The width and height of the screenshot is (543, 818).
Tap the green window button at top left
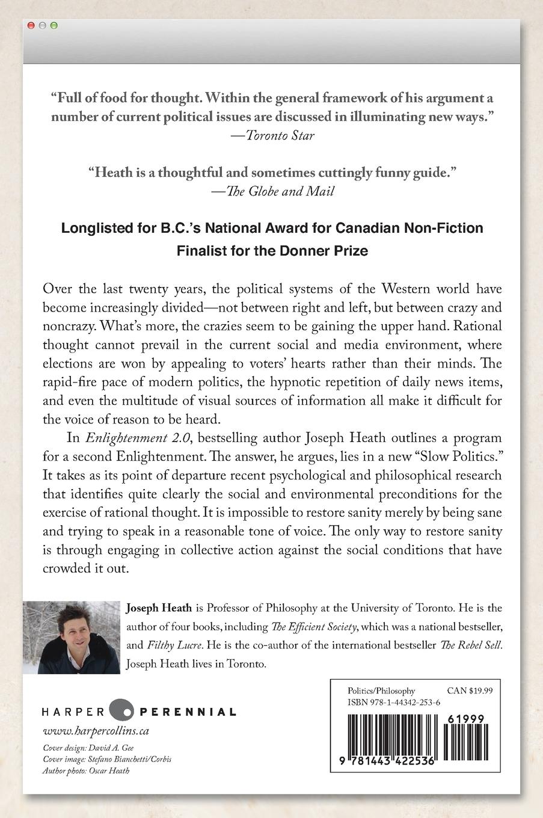pyautogui.click(x=54, y=26)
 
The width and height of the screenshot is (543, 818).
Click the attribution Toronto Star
pyautogui.click(x=280, y=135)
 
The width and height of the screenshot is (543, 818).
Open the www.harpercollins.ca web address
pyautogui.click(x=96, y=731)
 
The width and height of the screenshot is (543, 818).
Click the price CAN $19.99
pyautogui.click(x=470, y=691)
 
